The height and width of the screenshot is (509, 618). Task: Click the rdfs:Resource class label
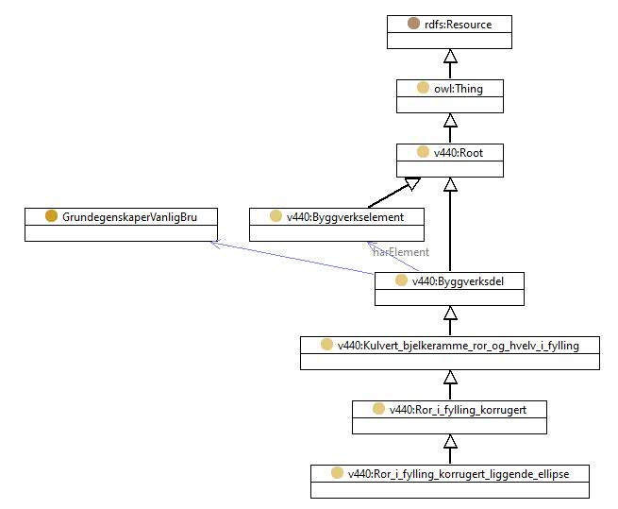458,25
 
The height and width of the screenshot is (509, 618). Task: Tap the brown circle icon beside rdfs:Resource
413,24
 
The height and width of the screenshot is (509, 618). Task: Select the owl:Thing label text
459,89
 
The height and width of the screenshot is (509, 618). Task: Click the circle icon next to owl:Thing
423,88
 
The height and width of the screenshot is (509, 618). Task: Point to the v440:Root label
459,153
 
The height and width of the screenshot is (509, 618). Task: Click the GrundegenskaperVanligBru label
129,217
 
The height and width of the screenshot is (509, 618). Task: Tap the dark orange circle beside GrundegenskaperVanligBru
51,216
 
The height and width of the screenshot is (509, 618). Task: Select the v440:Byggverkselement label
345,217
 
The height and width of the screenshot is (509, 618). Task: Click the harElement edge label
401,252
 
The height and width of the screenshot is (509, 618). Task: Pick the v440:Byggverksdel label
458,281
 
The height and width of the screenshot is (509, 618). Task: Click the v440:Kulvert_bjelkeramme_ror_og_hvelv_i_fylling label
459,346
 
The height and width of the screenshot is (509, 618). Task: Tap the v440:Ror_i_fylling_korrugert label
458,410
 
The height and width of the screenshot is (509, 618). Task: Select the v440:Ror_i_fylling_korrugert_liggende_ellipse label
459,474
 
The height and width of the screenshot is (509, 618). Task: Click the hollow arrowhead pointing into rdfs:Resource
450,56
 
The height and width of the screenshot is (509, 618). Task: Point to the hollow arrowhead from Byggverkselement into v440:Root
412,184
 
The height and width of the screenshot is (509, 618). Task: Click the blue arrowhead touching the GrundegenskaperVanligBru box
215,243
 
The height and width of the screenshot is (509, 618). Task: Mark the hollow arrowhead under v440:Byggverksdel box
450,313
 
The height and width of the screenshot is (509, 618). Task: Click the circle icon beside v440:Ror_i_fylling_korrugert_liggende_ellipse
337,473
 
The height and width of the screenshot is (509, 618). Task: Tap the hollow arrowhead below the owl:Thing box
450,120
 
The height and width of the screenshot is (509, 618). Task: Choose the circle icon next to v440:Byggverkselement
276,216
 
